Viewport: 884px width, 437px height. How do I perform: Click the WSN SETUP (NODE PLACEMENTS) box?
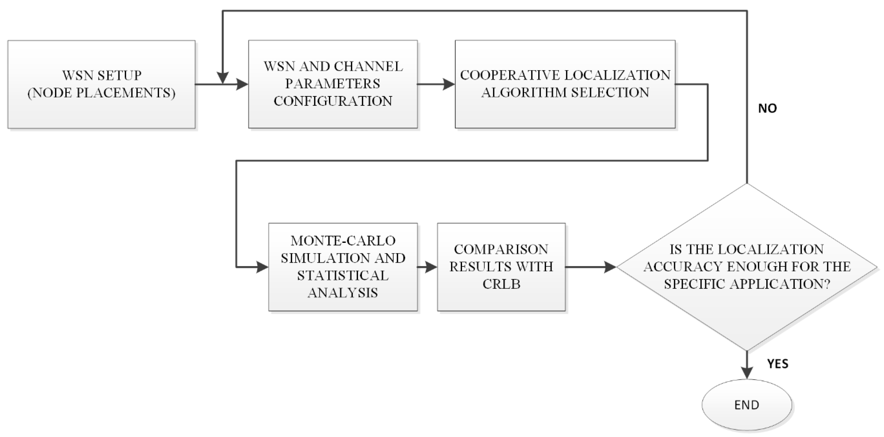tap(102, 84)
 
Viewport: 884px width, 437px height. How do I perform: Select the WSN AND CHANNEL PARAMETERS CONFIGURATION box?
tap(333, 84)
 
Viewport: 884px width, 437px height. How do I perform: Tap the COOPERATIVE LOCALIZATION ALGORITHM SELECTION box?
tap(565, 84)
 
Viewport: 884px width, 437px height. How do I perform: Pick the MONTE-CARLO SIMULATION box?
tap(343, 267)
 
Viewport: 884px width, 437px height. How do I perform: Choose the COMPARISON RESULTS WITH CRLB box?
tap(501, 267)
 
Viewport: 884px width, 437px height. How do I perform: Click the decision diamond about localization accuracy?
tap(747, 267)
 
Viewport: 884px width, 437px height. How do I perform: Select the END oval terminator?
tap(747, 405)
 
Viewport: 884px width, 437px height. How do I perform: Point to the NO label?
tap(767, 108)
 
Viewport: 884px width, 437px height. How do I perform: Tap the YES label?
tap(778, 364)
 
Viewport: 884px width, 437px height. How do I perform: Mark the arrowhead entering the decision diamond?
tap(610, 267)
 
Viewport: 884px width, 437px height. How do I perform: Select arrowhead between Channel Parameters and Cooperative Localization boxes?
tap(448, 84)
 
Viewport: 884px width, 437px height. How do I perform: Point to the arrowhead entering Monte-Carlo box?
tap(262, 267)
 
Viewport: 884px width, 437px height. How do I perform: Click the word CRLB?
tap(501, 284)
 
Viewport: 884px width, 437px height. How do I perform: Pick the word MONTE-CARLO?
tap(343, 241)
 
